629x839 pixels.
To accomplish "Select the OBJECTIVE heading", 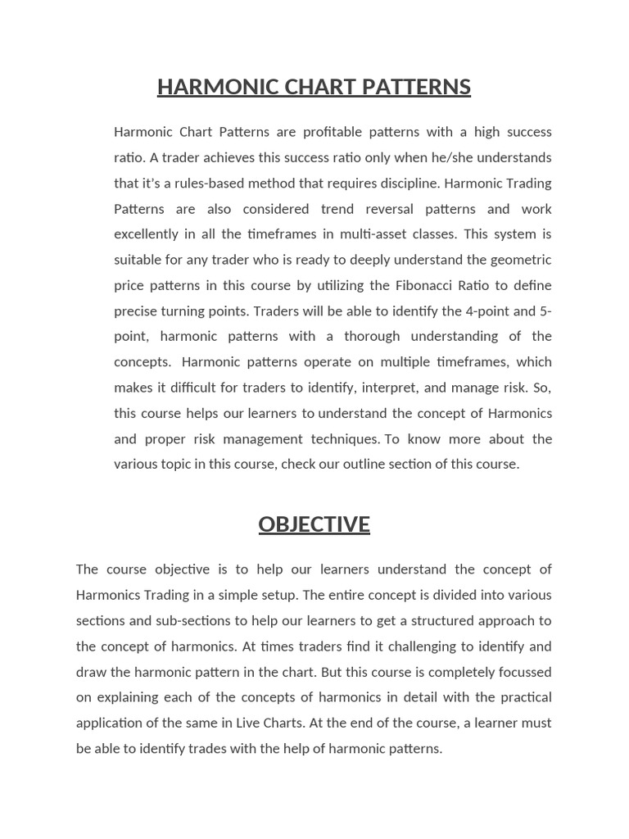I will pos(314,524).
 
